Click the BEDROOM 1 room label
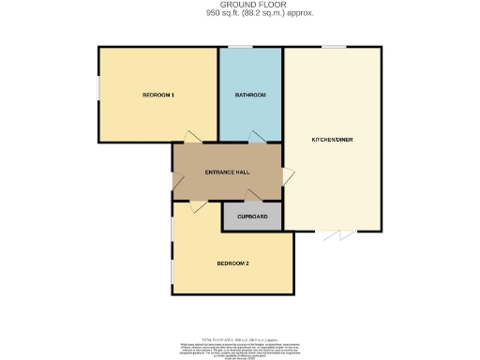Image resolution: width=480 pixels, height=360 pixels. coord(158,96)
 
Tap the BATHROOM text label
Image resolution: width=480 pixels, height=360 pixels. coord(250,96)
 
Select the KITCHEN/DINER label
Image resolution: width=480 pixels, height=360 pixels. coord(332,140)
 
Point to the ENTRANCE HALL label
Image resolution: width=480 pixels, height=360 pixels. coord(226,173)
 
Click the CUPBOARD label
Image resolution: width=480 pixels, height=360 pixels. coord(252,217)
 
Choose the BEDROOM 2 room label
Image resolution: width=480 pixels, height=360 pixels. coord(232,263)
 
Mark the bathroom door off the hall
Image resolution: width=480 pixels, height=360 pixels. coord(256,139)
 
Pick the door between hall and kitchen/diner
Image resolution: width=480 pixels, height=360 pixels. coord(288,174)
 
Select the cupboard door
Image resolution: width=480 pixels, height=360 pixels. coord(251,197)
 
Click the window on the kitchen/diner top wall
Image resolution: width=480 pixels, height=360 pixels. coord(332,47)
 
